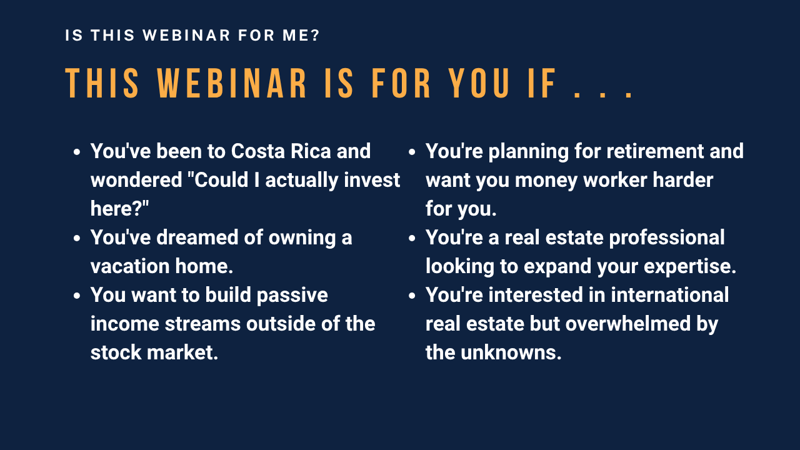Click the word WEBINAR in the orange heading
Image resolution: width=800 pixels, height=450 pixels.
point(232,83)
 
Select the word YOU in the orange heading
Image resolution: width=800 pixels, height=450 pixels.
point(479,83)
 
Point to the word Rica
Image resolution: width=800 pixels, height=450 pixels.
point(311,151)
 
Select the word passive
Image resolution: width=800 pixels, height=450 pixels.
point(292,296)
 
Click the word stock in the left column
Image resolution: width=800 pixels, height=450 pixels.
point(116,352)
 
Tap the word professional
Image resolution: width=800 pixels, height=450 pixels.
point(667,237)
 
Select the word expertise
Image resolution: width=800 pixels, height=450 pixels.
point(690,266)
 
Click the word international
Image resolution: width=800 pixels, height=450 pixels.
point(669,295)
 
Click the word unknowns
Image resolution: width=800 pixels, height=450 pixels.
point(511,352)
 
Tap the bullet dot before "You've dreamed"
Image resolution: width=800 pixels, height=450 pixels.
point(77,238)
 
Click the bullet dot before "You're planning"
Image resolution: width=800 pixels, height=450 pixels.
point(412,152)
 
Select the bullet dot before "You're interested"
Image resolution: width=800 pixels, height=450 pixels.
point(412,296)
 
